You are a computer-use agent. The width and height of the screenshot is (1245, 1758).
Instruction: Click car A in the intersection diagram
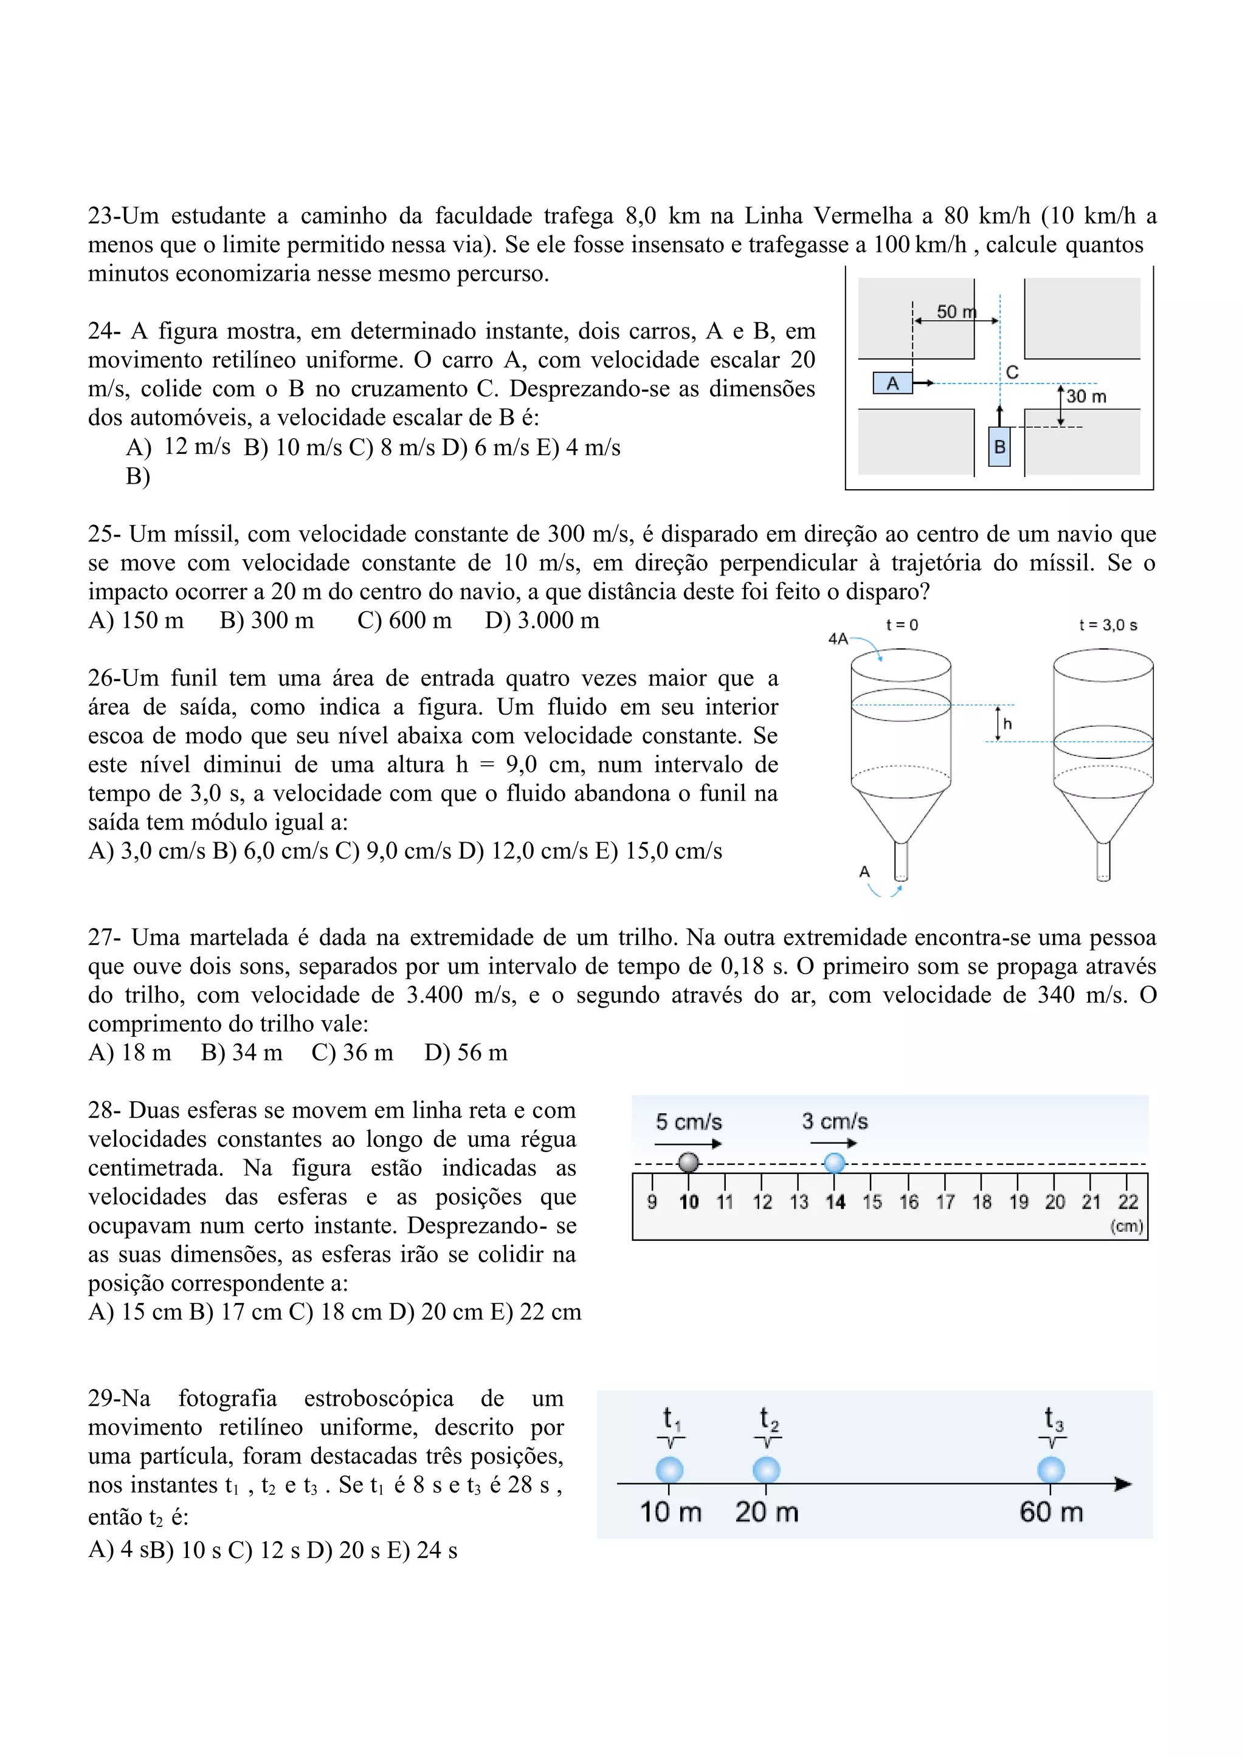point(892,383)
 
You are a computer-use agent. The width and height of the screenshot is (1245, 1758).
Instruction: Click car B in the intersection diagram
point(999,447)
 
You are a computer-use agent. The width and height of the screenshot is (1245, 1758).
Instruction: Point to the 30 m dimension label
point(1086,396)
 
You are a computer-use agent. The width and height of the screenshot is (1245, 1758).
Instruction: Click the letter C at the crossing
point(1012,373)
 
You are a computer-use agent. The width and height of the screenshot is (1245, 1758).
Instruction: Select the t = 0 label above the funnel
point(902,625)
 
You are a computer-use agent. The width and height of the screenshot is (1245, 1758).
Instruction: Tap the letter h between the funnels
point(1007,723)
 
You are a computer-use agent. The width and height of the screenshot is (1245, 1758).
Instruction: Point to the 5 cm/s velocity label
point(688,1122)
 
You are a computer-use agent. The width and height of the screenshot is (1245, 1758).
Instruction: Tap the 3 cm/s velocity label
point(835,1121)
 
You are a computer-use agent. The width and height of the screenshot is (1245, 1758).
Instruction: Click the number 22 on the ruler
point(1128,1201)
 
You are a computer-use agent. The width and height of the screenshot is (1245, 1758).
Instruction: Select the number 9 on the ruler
point(652,1201)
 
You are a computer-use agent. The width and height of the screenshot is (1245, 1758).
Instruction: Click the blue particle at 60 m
point(1051,1471)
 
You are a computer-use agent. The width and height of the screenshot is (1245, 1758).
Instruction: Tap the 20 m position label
point(767,1512)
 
